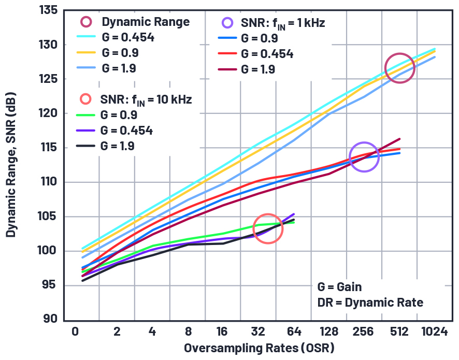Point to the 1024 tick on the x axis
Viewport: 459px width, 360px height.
click(x=434, y=332)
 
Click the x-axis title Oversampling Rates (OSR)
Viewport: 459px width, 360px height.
click(x=259, y=348)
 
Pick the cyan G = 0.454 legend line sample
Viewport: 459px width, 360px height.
click(x=85, y=37)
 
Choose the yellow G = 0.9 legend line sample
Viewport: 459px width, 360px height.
click(x=85, y=53)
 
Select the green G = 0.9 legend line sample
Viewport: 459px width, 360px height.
click(x=85, y=115)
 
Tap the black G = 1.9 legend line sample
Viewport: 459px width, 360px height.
click(x=85, y=146)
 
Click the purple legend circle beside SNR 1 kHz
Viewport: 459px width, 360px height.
click(x=227, y=23)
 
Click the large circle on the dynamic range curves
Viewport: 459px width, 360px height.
click(x=399, y=68)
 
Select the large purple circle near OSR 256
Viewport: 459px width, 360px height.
click(x=364, y=156)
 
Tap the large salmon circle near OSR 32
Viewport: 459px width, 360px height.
click(x=268, y=228)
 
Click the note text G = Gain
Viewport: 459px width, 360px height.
click(x=340, y=287)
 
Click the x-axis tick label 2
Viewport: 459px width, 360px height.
click(x=118, y=332)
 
